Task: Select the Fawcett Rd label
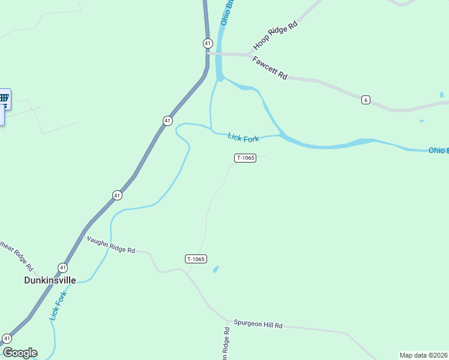pyautogui.click(x=270, y=68)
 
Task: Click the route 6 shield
pyautogui.click(x=366, y=100)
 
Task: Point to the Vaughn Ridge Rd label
pyautogui.click(x=111, y=245)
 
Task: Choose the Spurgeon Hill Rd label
pyautogui.click(x=258, y=324)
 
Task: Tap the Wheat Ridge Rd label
pyautogui.click(x=16, y=254)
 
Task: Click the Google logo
pyautogui.click(x=19, y=353)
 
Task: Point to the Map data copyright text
pyautogui.click(x=424, y=355)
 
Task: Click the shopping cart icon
pyautogui.click(x=4, y=98)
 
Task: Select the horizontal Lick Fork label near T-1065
pyautogui.click(x=243, y=138)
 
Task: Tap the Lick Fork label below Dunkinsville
pyautogui.click(x=58, y=304)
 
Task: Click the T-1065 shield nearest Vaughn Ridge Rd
pyautogui.click(x=196, y=259)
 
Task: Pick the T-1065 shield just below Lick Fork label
pyautogui.click(x=246, y=158)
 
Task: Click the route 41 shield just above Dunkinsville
pyautogui.click(x=63, y=267)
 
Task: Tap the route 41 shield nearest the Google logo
pyautogui.click(x=7, y=338)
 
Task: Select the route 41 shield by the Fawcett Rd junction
pyautogui.click(x=207, y=43)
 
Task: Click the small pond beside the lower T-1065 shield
pyautogui.click(x=216, y=269)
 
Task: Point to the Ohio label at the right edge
pyautogui.click(x=438, y=150)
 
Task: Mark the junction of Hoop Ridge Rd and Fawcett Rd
pyautogui.click(x=250, y=55)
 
